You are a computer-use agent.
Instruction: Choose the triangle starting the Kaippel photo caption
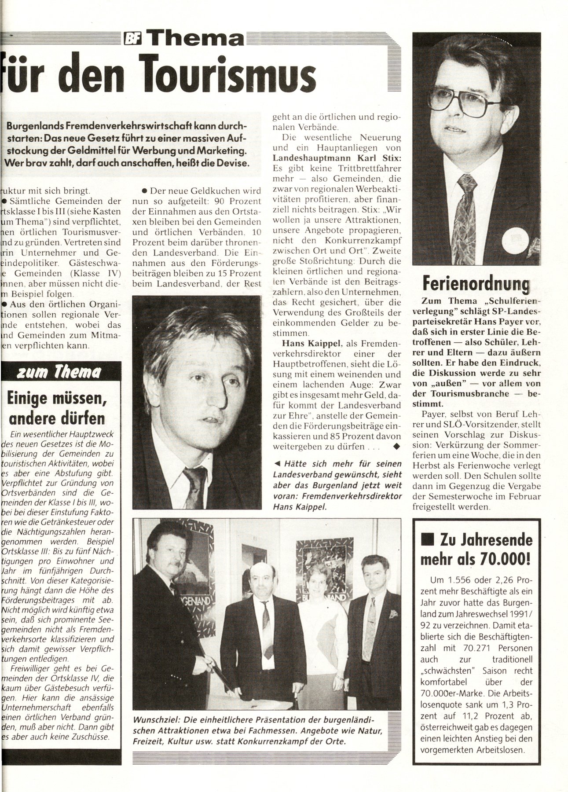[x=277, y=463]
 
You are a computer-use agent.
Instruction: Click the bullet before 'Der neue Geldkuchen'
[x=144, y=191]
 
